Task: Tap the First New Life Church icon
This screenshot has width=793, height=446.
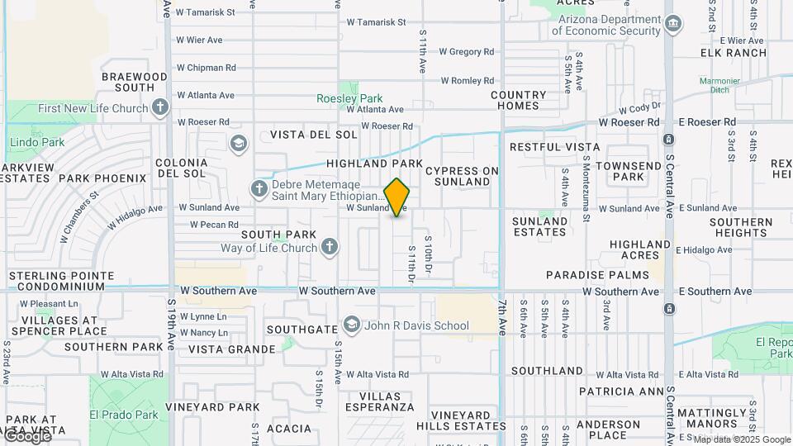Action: (x=160, y=107)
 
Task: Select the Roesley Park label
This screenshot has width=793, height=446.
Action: (x=349, y=98)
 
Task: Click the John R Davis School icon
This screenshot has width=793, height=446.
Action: (x=352, y=325)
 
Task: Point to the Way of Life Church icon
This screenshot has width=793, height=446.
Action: (x=330, y=247)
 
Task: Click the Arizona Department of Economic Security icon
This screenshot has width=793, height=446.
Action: (x=673, y=24)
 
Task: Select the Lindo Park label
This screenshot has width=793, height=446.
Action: (x=36, y=143)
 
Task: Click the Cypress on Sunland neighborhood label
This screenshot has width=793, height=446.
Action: (x=463, y=176)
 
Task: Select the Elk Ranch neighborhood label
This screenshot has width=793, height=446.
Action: (x=734, y=53)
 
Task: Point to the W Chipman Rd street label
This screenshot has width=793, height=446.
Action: (x=206, y=68)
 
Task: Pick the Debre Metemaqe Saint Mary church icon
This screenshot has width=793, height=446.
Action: (x=259, y=189)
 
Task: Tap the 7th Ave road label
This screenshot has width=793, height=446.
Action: (x=501, y=317)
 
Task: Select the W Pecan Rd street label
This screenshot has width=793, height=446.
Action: (x=213, y=225)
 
